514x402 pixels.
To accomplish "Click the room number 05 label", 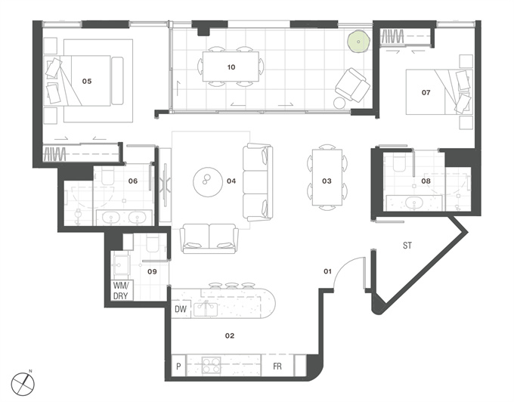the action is pos(87,82).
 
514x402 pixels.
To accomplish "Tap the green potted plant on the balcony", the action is pos(358,42).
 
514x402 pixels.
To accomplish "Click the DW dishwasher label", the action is pos(181,308).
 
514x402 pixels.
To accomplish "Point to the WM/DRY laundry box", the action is pos(121,290).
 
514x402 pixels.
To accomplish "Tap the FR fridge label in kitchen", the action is pos(277,366).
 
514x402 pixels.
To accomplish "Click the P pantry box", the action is pos(178,366).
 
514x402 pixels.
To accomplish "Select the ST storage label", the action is pos(407,246).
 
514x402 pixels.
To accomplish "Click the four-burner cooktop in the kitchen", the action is pos(211,365).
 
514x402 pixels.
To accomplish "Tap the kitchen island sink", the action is pos(206,309).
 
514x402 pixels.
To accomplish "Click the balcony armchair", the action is pos(353,85).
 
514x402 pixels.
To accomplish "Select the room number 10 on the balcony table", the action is pos(231,67).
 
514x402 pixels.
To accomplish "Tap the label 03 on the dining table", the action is pos(327,181).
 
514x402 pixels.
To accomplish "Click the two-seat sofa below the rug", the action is pos(209,239).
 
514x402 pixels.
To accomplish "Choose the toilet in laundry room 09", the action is pos(153,244).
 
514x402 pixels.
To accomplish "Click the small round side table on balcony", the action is pos(339,103).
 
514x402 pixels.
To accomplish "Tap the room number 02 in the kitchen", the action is pos(230,336).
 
